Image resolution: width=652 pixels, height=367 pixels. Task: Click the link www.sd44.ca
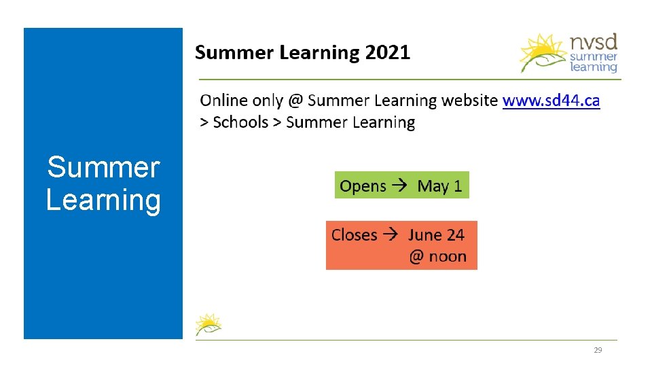551,101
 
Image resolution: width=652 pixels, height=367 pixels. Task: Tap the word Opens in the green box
363,186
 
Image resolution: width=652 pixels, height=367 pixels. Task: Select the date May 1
439,186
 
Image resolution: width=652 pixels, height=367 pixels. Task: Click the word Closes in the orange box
354,235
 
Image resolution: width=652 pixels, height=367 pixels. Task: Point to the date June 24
436,235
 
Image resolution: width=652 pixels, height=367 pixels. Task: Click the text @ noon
437,257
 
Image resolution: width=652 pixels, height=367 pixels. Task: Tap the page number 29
598,350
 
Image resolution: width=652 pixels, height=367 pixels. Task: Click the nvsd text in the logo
594,43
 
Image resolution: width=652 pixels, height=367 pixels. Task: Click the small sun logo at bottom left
207,324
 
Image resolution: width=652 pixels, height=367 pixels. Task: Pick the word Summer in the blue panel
103,167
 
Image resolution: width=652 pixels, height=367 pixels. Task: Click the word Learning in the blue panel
103,200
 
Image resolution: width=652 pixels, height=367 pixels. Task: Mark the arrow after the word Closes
392,235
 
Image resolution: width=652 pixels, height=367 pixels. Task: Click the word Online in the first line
223,101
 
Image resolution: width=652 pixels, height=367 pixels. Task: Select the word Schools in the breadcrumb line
240,122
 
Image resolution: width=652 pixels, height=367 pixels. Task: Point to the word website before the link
469,101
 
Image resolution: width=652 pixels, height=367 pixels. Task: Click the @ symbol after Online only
294,101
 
